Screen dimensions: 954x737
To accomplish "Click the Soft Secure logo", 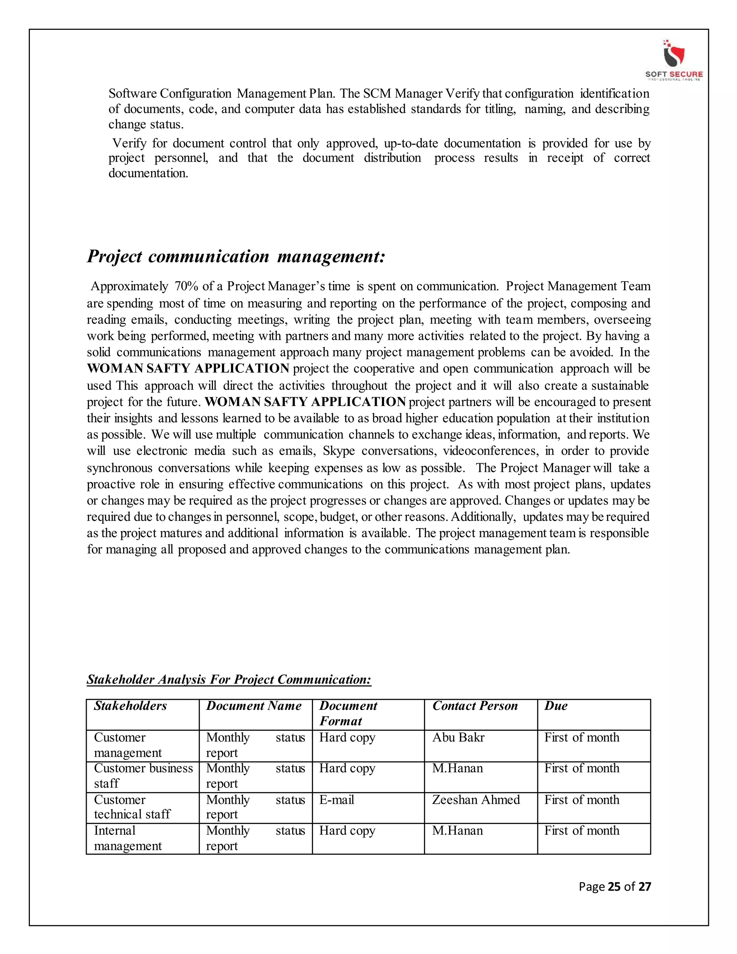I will tap(674, 60).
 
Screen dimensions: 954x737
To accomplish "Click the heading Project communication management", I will tap(236, 256).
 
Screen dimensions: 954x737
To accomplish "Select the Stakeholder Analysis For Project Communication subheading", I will tap(229, 679).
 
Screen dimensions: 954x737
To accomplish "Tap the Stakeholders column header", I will tap(130, 706).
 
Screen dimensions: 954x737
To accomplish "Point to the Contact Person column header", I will tap(475, 706).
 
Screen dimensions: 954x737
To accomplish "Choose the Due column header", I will tap(555, 706).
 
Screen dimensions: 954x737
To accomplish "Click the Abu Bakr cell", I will tap(458, 738).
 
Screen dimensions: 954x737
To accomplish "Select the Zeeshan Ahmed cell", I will tap(476, 800).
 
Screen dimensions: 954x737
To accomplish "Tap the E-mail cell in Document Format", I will tap(336, 800).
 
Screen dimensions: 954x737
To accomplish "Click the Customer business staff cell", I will tap(143, 776).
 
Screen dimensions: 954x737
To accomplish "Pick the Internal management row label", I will tap(127, 838).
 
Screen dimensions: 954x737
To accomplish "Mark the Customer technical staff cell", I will tap(131, 807).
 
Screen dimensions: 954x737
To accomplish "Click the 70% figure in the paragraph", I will tap(186, 287).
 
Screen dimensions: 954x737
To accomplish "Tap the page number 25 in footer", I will tap(614, 886).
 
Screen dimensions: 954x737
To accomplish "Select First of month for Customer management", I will tap(581, 738).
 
